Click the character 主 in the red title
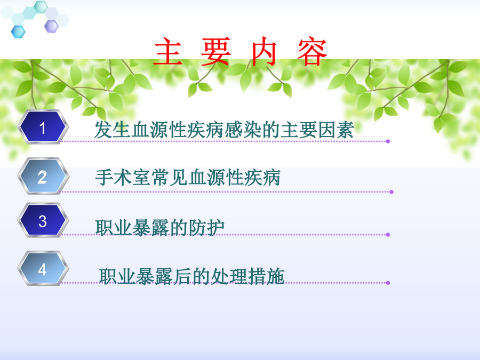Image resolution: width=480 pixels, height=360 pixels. pos(168,51)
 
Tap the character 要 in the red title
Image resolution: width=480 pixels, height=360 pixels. pos(215,51)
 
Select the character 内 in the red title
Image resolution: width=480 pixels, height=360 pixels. pos(265,51)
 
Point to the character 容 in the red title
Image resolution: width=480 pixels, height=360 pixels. pos(312,51)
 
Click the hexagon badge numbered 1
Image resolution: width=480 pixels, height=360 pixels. pos(43,127)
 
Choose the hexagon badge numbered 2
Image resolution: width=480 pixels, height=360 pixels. pos(43,177)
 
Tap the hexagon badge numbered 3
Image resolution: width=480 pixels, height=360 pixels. pos(43,220)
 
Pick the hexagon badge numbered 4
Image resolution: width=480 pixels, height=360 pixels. pos(43,268)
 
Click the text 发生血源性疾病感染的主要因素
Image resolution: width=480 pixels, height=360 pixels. pos(224,130)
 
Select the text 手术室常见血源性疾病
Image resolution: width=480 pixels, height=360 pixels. pos(188,178)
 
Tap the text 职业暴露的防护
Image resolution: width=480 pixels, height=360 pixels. pos(160,228)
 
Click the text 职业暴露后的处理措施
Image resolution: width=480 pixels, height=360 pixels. pos(191,276)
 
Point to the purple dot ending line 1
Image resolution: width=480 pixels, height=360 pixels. pos(388,141)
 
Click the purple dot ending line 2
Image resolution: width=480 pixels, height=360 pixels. pos(391,192)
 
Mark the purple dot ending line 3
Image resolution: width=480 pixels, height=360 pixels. pos(388,235)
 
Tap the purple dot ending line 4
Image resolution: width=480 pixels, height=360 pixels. pos(388,283)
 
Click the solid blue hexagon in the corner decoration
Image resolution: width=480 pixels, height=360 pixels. pos(18,32)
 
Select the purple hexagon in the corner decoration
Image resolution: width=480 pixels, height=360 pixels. pos(51,26)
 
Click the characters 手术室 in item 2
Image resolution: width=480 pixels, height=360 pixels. pos(123,178)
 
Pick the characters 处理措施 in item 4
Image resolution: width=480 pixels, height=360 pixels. pos(247,276)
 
